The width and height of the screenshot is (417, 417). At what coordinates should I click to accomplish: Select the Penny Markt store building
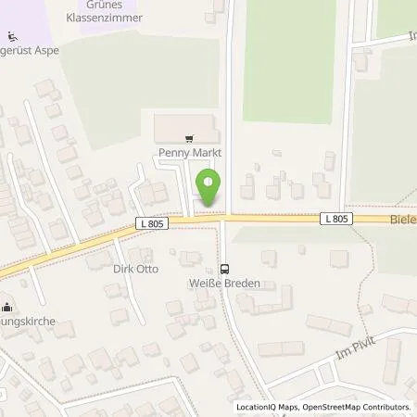(x=185, y=126)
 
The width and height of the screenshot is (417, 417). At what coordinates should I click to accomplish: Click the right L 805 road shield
(x=337, y=219)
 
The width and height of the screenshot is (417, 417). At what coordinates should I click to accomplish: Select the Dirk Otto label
(x=136, y=269)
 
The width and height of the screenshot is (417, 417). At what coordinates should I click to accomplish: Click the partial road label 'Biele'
(x=401, y=220)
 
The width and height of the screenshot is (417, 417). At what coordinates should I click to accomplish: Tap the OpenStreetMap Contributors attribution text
(x=356, y=407)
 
